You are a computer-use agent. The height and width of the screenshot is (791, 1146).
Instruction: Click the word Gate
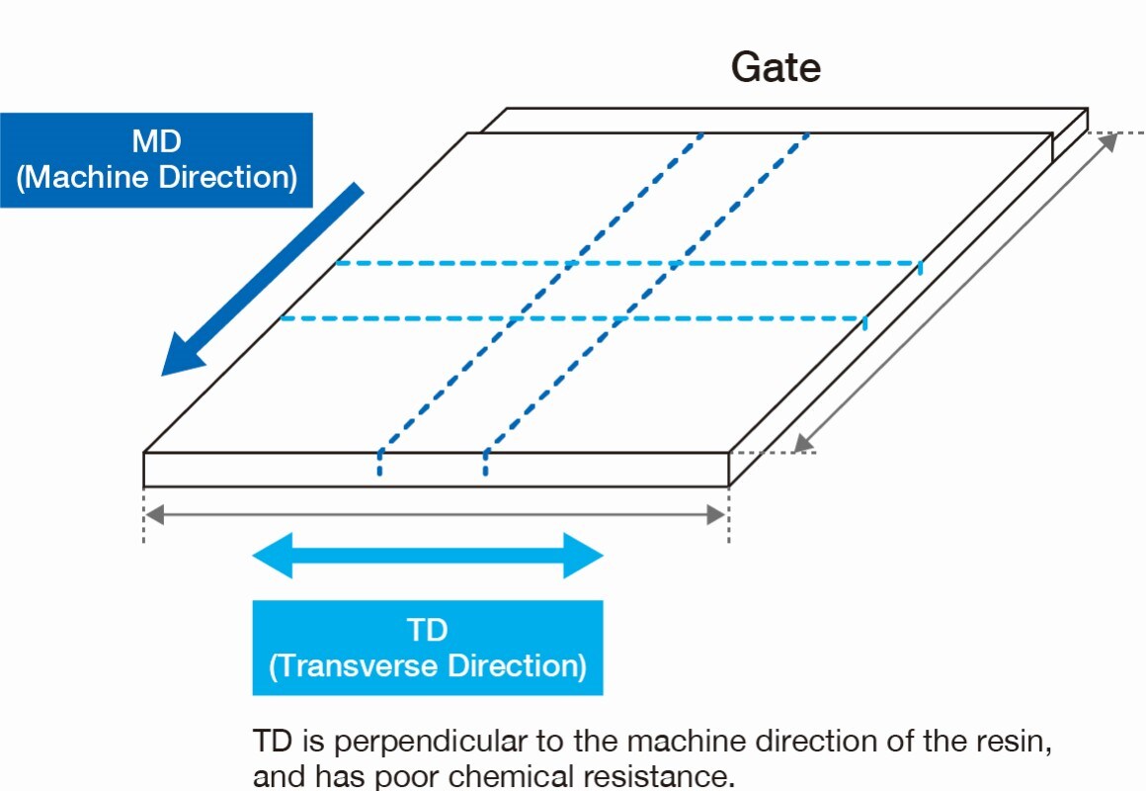pos(776,67)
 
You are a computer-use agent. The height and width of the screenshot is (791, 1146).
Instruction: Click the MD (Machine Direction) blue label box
pos(156,160)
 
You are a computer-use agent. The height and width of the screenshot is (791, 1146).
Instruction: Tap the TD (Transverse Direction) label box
pos(427,648)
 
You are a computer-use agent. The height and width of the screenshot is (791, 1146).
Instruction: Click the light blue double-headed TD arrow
pos(427,555)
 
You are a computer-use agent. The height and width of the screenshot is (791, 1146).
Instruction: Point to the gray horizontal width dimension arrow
pos(436,514)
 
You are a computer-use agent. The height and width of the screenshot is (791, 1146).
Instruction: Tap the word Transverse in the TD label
pos(367,665)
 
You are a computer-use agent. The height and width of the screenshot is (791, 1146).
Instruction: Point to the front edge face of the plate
pos(436,470)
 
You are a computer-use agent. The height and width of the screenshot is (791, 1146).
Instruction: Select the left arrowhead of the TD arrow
pos(273,555)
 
